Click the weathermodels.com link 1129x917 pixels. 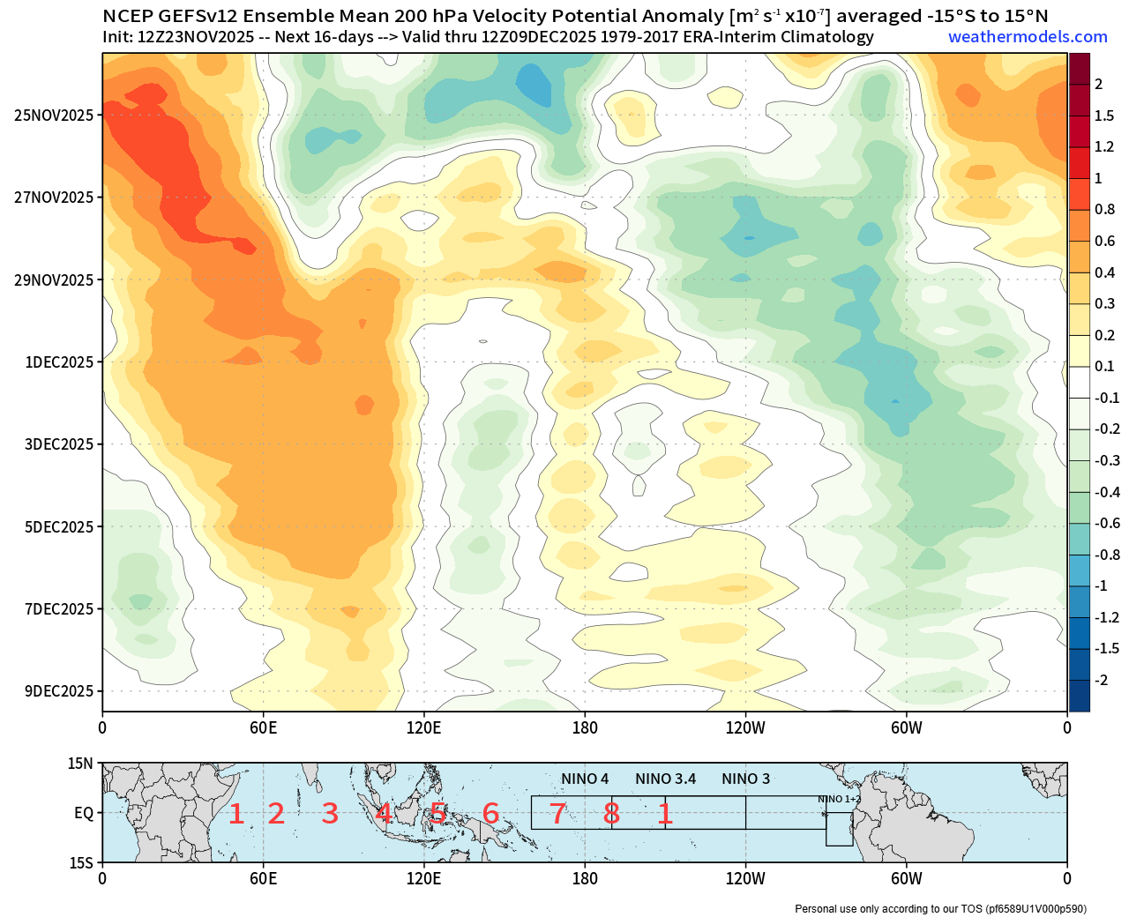(1028, 37)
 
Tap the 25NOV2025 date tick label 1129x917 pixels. (54, 115)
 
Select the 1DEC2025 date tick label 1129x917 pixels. (58, 362)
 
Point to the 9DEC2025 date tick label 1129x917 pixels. (58, 691)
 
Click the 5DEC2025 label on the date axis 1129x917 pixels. (58, 527)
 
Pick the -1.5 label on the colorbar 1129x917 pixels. (1106, 649)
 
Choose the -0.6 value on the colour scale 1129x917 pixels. (1107, 524)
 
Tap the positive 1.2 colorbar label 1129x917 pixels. (1103, 147)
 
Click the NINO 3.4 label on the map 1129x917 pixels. (665, 779)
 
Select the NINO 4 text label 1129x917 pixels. (585, 779)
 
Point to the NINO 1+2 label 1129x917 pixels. (839, 799)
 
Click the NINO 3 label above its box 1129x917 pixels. (745, 779)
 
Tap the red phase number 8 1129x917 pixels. (611, 814)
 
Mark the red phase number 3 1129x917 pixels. (330, 814)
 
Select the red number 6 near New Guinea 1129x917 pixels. (490, 814)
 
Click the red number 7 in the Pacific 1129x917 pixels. (557, 814)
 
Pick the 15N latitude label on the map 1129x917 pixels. (81, 764)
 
